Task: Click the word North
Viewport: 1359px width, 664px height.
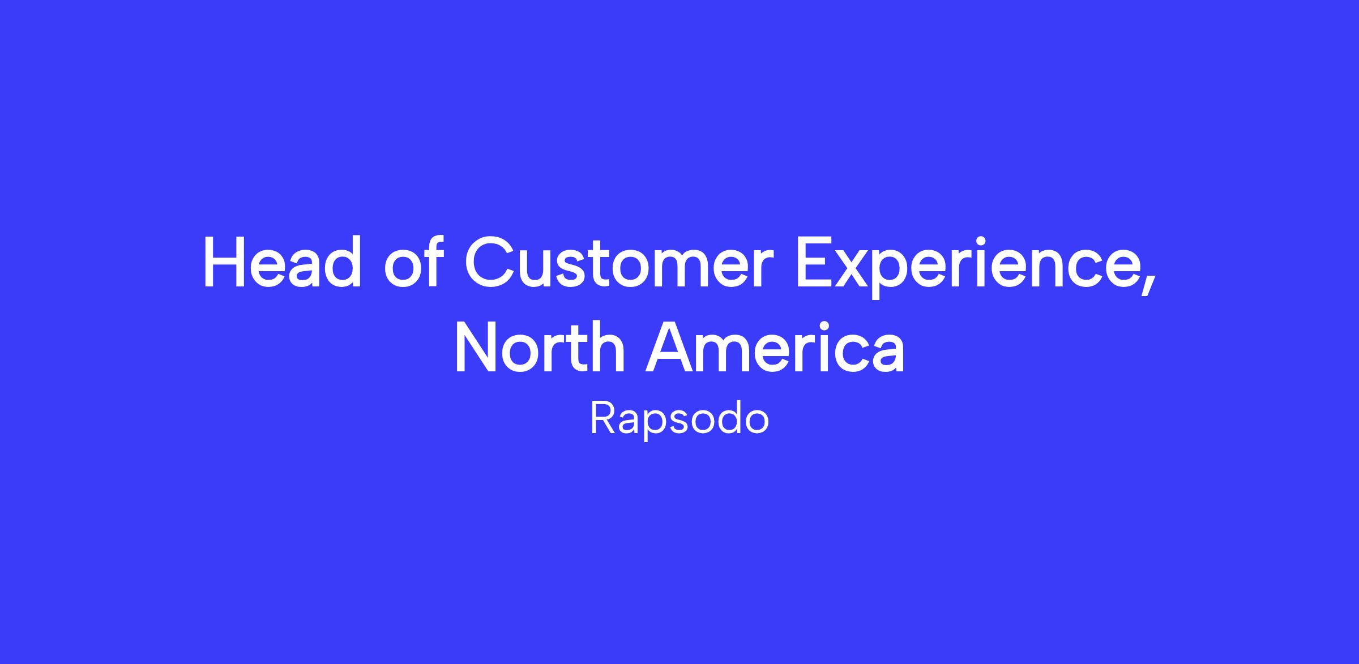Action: pyautogui.click(x=540, y=347)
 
